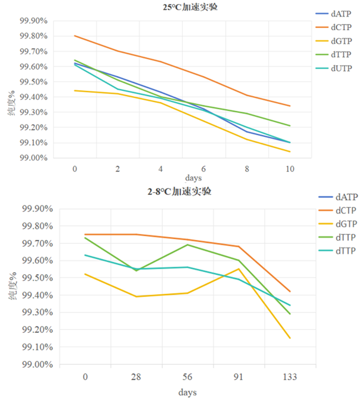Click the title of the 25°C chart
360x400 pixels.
click(190, 7)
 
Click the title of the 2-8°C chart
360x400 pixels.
click(179, 191)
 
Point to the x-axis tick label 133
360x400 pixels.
click(290, 377)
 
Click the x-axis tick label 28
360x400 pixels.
click(136, 377)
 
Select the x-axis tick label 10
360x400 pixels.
click(290, 169)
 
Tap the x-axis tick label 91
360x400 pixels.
click(238, 377)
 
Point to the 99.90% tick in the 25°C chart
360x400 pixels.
click(34, 21)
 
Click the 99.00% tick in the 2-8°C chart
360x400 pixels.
click(38, 364)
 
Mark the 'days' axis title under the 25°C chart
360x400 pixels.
click(193, 178)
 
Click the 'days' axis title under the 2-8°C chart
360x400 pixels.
click(188, 392)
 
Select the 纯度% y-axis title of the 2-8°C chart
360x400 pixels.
click(13, 286)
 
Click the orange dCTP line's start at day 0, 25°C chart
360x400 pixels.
click(74, 36)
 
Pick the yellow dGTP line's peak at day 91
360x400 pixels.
click(239, 269)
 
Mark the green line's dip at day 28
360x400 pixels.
click(136, 271)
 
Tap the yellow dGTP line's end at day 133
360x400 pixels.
click(290, 338)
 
